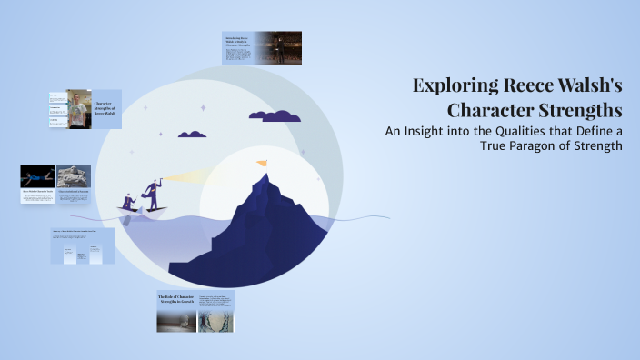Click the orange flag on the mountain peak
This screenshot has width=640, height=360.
pos(262,164)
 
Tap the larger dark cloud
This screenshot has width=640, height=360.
pos(275,116)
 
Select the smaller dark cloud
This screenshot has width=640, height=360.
pos(192,134)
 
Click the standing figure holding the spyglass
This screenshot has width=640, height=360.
pos(150,191)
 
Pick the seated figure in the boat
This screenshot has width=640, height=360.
pos(129,201)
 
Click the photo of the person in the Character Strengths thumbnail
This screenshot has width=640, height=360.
pos(77,108)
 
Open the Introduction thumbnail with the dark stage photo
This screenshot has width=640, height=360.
pos(262,48)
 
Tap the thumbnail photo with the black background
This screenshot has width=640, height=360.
pos(37,176)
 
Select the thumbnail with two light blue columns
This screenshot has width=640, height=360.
pos(83,246)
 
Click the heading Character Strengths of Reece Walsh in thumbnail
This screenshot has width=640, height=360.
pos(105,109)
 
